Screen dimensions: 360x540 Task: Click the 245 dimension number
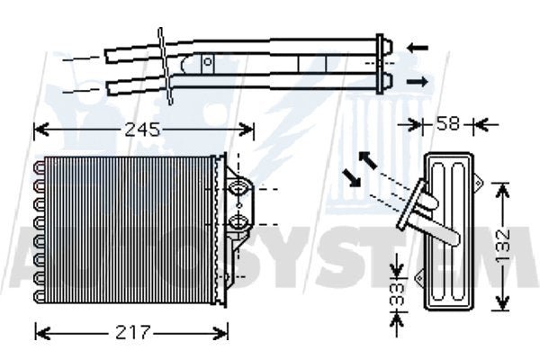click(141, 130)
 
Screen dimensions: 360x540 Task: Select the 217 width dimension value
click(132, 332)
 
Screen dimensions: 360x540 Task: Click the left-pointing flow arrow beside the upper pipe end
click(417, 46)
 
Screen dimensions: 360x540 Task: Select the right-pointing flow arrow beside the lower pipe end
click(417, 82)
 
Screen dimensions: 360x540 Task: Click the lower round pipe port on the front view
click(239, 221)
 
